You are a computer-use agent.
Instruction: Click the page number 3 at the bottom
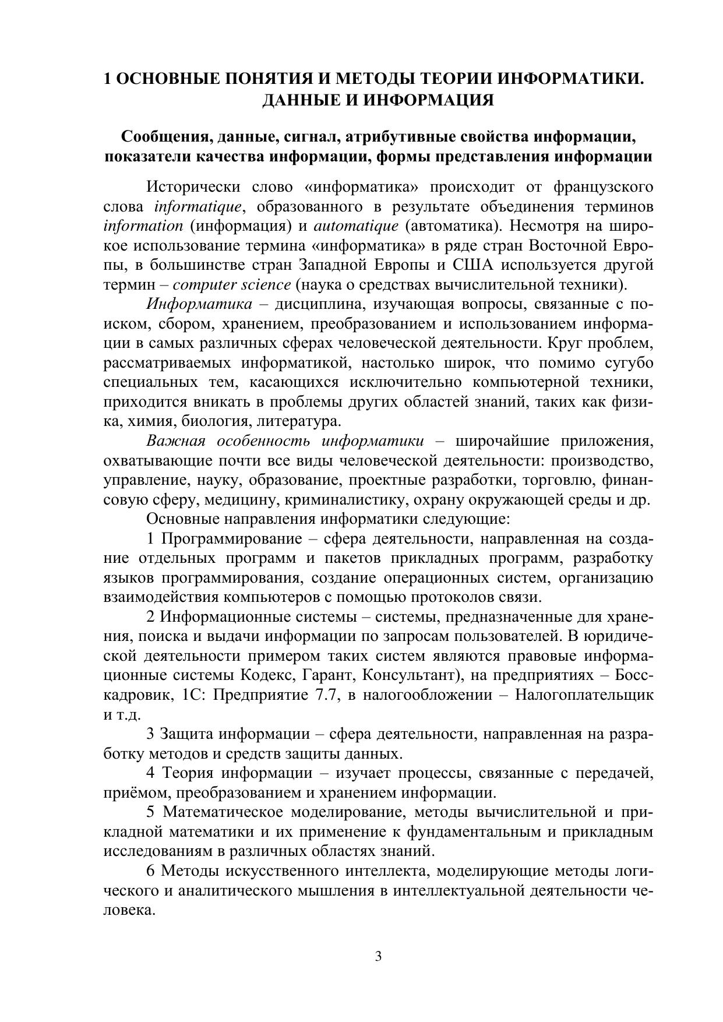pyautogui.click(x=378, y=956)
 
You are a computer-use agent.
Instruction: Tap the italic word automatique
pyautogui.click(x=356, y=227)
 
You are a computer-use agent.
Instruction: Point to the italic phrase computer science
pyautogui.click(x=232, y=286)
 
